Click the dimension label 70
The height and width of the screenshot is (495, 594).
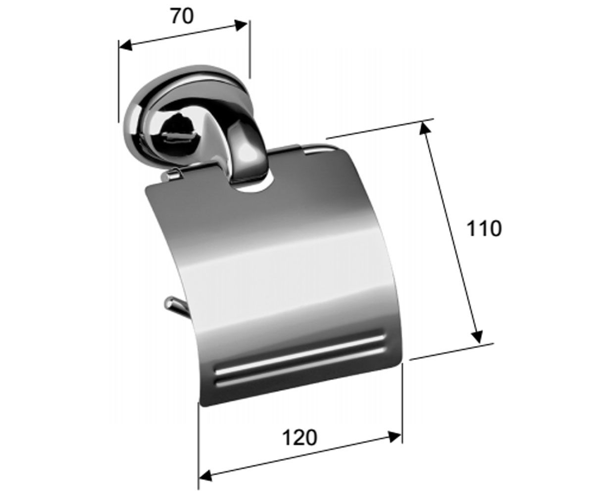(182, 16)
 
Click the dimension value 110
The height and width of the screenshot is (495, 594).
(484, 228)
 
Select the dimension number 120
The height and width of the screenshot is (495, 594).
(299, 438)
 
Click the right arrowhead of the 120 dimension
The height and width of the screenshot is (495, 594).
(395, 437)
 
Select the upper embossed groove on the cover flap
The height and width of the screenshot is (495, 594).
(300, 355)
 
